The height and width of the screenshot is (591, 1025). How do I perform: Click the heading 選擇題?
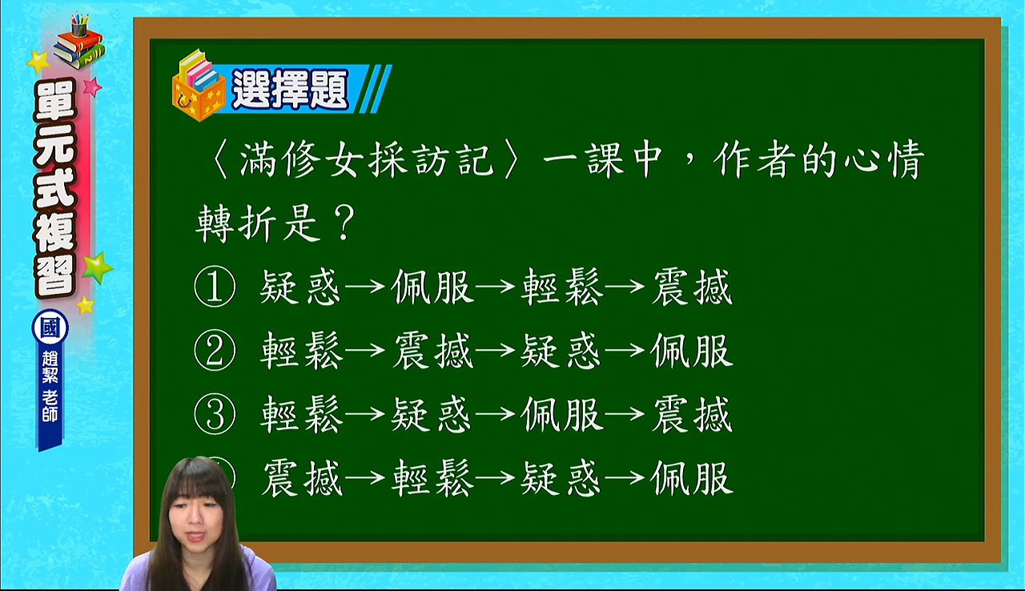click(x=290, y=89)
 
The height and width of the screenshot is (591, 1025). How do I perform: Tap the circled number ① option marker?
click(x=215, y=287)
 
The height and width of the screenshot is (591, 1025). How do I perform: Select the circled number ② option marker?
click(x=215, y=351)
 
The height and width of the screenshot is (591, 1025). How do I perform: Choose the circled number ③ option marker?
click(x=215, y=414)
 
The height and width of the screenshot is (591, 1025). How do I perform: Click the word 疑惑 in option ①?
click(x=300, y=287)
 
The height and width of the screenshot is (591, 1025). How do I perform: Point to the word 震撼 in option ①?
click(x=692, y=287)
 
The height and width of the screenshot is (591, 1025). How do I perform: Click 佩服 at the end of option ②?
click(x=692, y=351)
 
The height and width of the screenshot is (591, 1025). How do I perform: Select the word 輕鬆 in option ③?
click(x=301, y=414)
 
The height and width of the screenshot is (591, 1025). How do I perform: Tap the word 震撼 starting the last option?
click(x=302, y=478)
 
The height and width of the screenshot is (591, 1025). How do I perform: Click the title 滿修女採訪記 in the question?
click(x=366, y=159)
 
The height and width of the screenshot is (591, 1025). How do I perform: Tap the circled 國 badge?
click(x=50, y=328)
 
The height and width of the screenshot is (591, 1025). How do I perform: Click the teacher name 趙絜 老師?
click(x=50, y=387)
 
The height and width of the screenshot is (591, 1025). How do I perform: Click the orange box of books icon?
click(x=199, y=87)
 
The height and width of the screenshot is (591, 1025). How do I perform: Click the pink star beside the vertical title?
click(x=92, y=86)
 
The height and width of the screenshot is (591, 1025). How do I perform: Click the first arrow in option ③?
click(x=365, y=414)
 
